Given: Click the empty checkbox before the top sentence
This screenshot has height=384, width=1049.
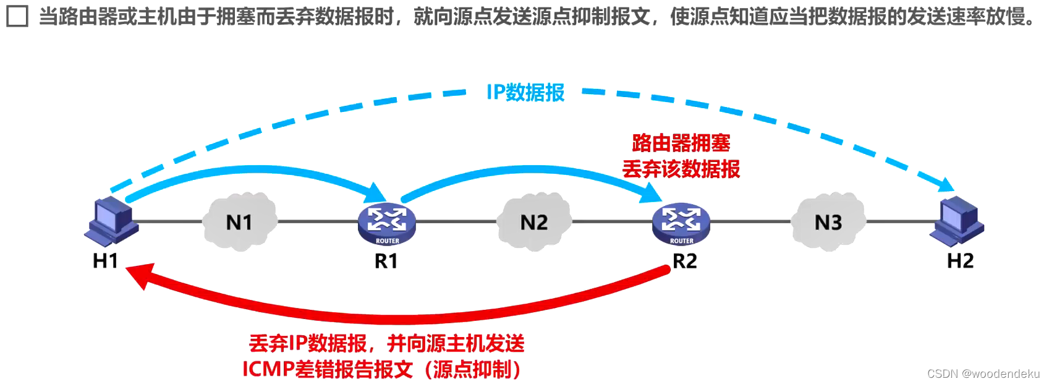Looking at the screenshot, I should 17,16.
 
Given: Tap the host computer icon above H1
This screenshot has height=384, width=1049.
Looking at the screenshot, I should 111,221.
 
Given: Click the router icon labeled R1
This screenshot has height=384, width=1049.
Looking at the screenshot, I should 387,224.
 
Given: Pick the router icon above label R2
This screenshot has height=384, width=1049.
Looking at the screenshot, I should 681,224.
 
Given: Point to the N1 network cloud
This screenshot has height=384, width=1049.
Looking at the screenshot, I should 239,222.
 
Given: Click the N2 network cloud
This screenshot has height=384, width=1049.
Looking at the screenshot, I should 534,222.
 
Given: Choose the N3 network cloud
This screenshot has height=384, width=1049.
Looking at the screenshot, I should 828,222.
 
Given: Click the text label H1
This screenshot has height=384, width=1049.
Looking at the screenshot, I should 105,261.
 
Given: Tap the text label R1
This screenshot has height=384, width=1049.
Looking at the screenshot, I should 386,261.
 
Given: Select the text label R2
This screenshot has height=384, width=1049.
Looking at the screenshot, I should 684,261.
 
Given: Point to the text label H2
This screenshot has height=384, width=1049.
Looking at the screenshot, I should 960,261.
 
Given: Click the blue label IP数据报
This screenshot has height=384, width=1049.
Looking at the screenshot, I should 525,93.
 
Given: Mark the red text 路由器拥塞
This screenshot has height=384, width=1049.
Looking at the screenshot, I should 681,143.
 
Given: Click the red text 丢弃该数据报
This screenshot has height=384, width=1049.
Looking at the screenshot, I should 681,169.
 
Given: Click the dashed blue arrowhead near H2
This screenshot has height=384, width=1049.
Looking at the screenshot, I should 945,184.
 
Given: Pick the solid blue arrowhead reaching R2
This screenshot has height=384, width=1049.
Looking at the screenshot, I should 650,192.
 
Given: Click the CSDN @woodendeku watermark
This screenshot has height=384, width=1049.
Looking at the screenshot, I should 983,373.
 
